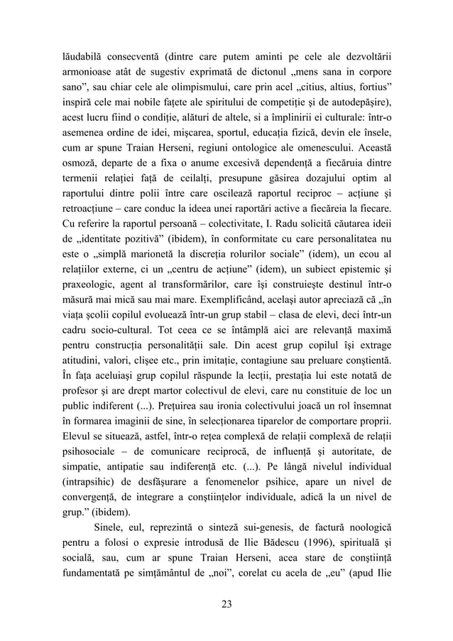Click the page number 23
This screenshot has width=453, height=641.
point(226,605)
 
